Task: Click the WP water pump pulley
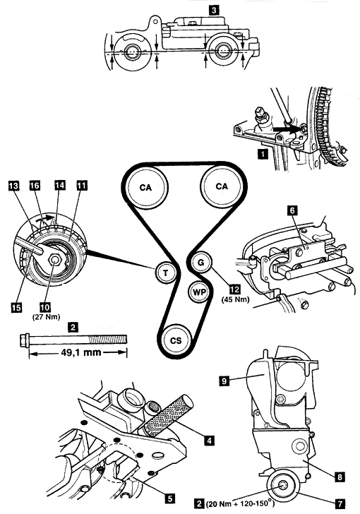[199, 292]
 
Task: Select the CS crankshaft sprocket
[176, 340]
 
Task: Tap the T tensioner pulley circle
[166, 273]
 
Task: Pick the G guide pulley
[201, 262]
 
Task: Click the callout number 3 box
[213, 10]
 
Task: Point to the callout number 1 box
[263, 154]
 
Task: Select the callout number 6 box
[292, 210]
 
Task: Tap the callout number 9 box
[224, 381]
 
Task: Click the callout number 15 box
[16, 307]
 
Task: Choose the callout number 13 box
[14, 186]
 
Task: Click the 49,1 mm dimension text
[81, 352]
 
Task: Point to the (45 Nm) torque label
[235, 299]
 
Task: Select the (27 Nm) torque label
[46, 317]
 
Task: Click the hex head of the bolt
[25, 339]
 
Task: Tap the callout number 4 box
[209, 441]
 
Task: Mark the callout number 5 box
[169, 498]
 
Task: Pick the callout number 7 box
[340, 503]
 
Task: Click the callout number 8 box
[340, 477]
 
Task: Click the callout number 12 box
[235, 289]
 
